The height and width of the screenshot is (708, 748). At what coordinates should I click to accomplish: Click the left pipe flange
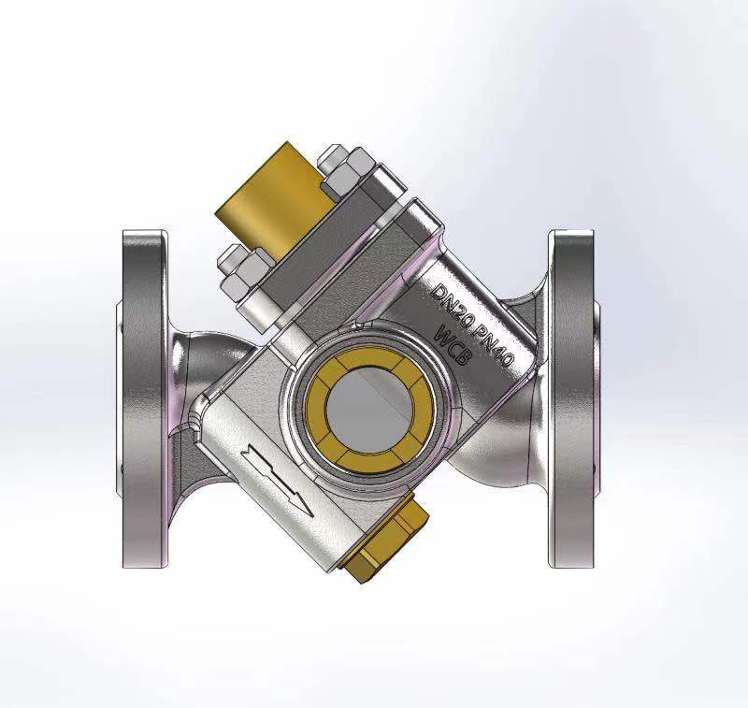(145, 397)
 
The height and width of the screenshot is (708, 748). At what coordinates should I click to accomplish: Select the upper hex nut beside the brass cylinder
(343, 171)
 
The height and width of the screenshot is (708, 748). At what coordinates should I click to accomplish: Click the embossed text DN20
(455, 291)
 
